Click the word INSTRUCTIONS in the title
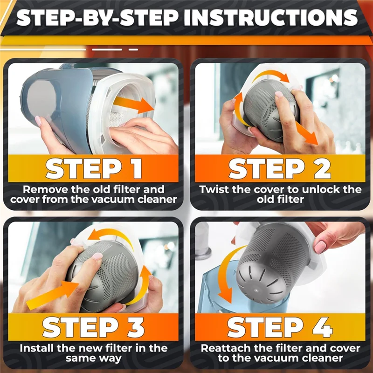tap(271, 18)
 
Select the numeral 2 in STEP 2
tap(322, 168)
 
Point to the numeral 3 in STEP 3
tap(135, 327)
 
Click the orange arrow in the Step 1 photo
tap(134, 104)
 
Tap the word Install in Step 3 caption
tap(37, 348)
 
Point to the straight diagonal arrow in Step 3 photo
tap(52, 295)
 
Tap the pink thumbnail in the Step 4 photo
tap(320, 247)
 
